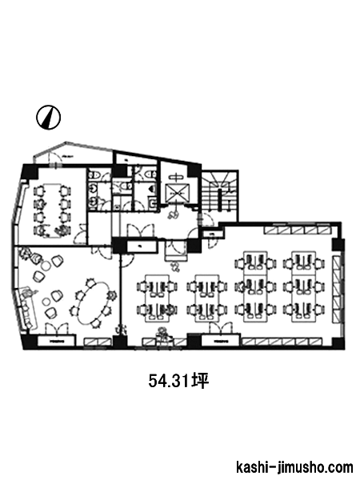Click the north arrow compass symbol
[x=48, y=118]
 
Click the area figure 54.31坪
[x=178, y=381]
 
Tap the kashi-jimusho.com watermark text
[x=294, y=468]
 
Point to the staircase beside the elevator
[x=219, y=191]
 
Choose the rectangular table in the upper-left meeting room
[x=51, y=210]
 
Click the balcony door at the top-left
[x=55, y=158]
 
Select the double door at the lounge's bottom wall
[x=56, y=329]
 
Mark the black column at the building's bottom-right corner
[x=338, y=343]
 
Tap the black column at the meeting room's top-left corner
[x=30, y=173]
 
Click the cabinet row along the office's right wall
[x=337, y=289]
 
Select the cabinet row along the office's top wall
[x=298, y=230]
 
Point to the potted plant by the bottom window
[x=162, y=334]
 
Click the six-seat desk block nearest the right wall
[x=304, y=286]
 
